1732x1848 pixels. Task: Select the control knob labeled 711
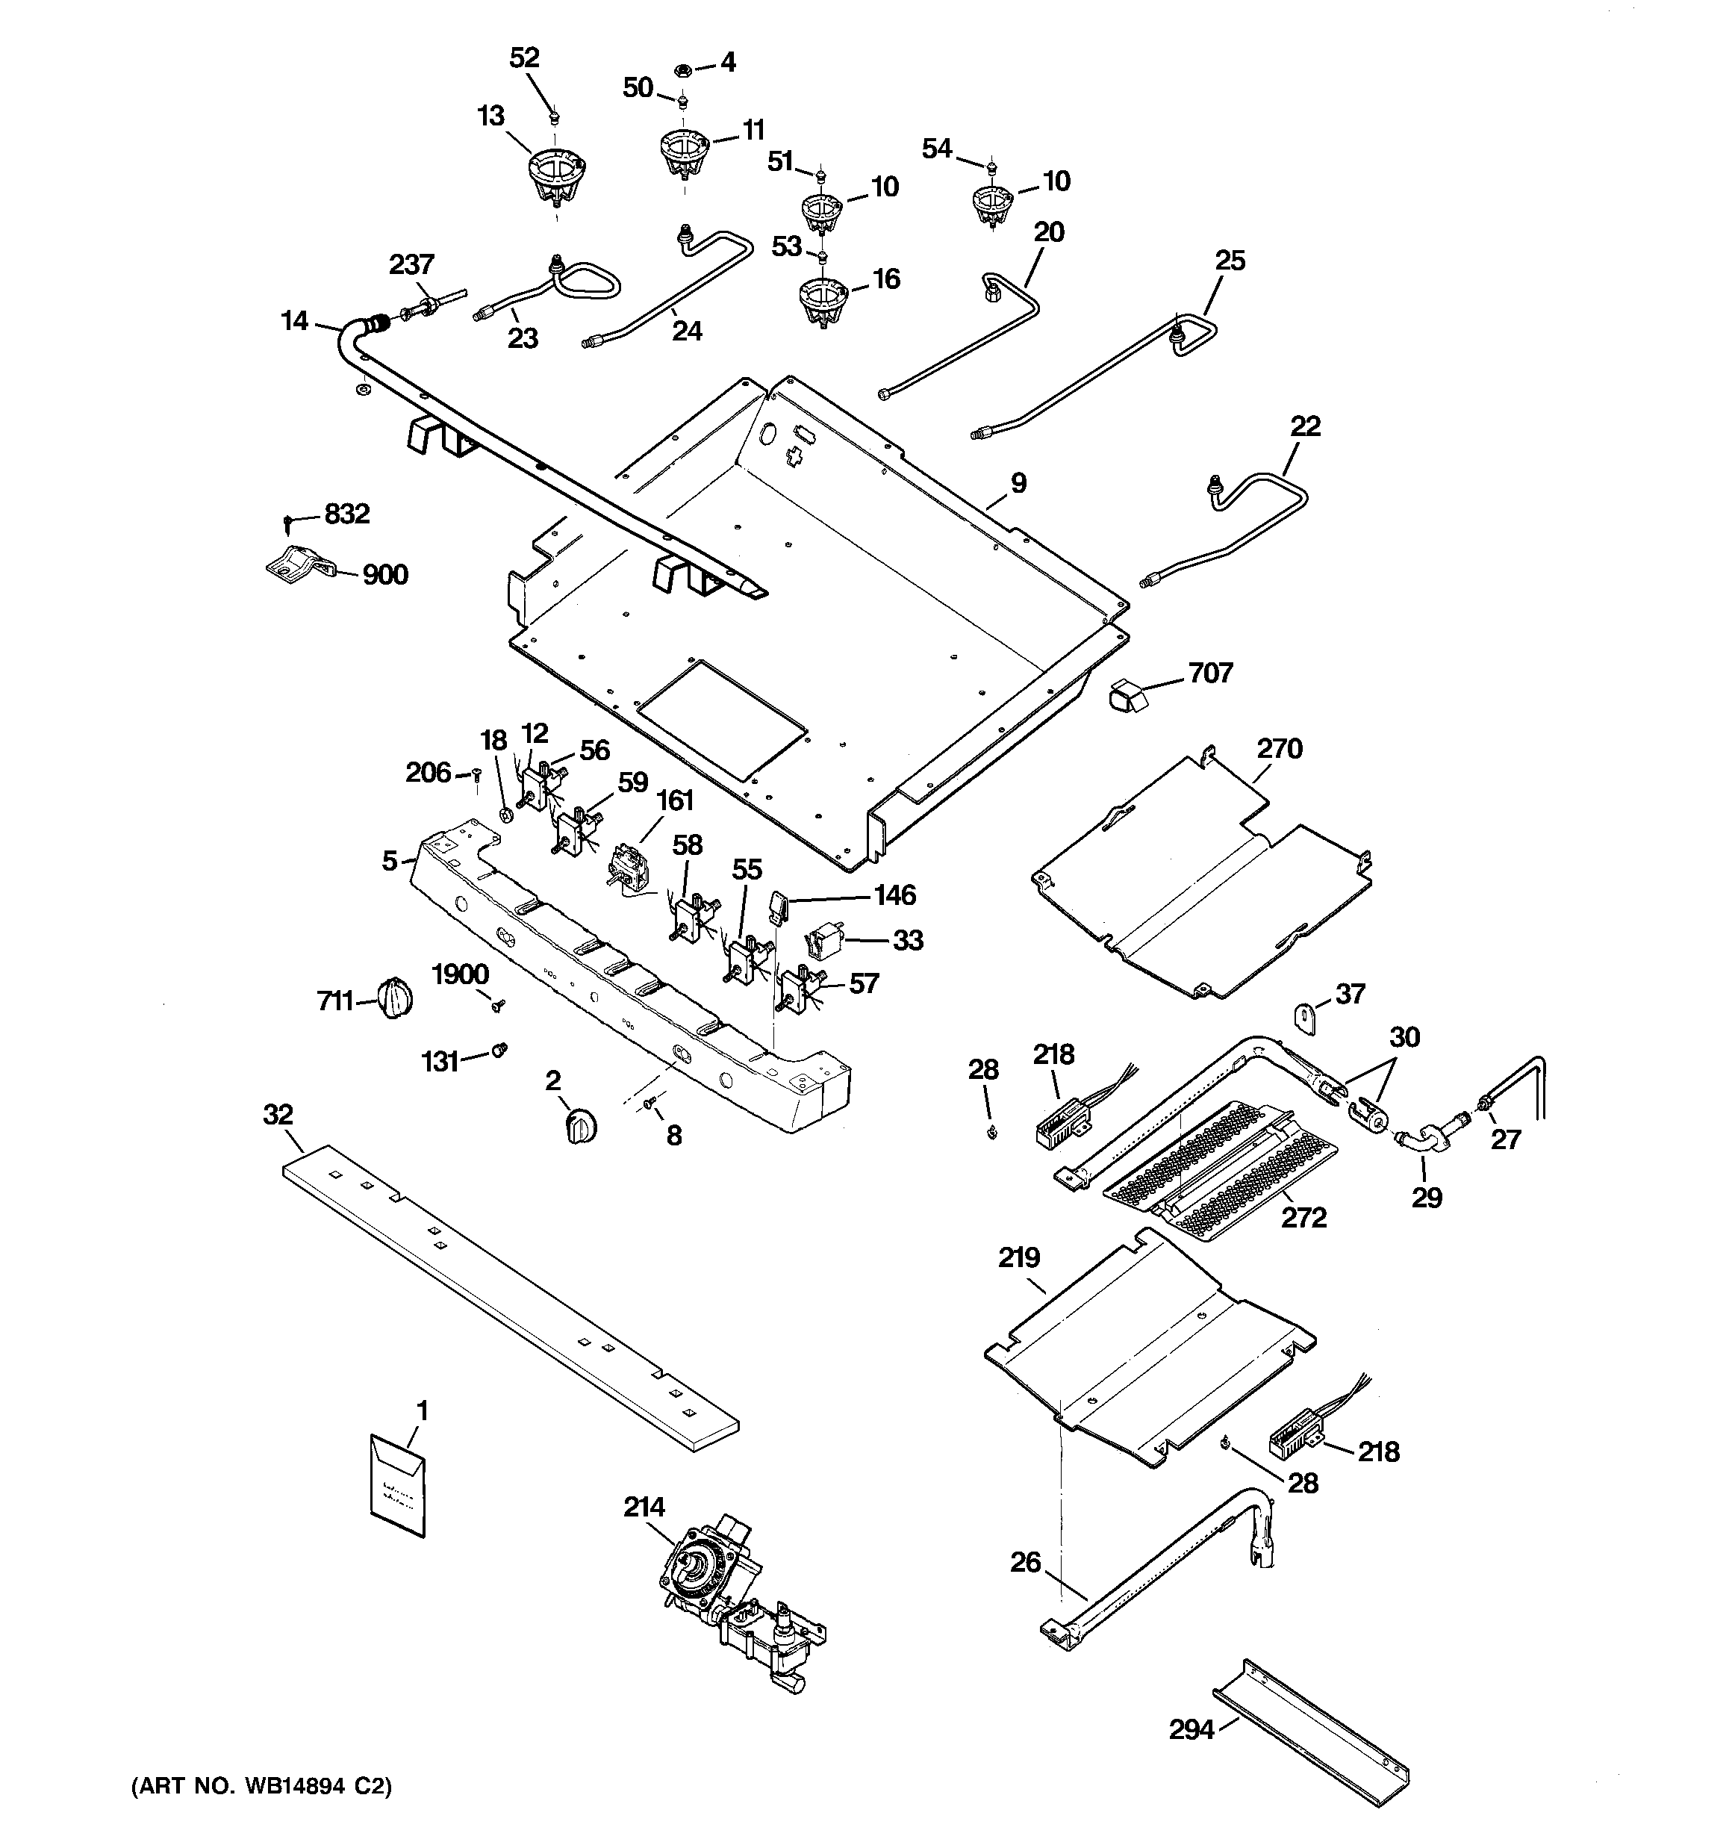coord(395,999)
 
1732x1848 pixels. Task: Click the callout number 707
coord(1210,672)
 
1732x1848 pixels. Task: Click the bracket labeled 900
coord(296,565)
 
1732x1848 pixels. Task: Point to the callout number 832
coord(346,513)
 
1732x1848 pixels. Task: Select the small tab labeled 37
coord(1308,1018)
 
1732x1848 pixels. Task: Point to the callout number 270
coord(1280,748)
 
